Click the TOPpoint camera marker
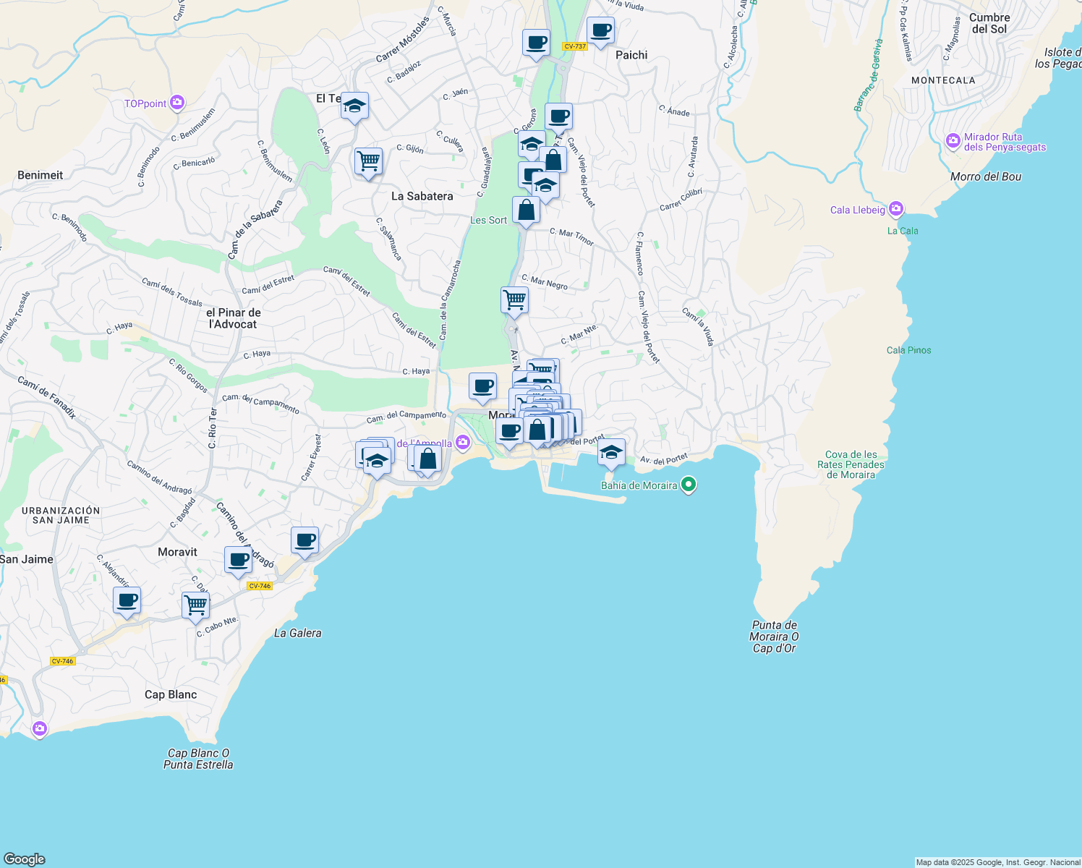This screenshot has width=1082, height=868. [177, 103]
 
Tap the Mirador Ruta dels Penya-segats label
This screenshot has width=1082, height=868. [1005, 142]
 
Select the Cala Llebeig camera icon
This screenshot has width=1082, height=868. [896, 210]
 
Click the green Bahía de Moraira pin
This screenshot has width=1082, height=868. [689, 485]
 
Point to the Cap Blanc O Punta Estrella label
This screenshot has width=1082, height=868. [198, 759]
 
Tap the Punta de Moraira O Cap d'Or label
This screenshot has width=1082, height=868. [774, 637]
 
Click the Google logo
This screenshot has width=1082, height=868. [24, 859]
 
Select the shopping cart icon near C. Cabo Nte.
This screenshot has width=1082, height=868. [195, 605]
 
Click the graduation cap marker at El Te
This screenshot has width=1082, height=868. [354, 107]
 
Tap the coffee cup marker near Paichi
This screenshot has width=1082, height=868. [600, 32]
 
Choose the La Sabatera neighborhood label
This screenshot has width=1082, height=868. [422, 196]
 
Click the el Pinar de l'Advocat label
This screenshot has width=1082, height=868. [233, 318]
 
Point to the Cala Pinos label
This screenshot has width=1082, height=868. [908, 350]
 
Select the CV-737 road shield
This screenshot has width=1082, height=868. [575, 46]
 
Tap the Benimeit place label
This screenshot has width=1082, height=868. [40, 175]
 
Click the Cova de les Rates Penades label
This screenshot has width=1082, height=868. [851, 464]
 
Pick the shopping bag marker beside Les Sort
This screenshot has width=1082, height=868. [526, 211]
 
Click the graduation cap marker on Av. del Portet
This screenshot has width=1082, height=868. [611, 454]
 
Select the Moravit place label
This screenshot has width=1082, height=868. [177, 552]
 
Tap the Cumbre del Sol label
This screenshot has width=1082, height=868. [989, 23]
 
